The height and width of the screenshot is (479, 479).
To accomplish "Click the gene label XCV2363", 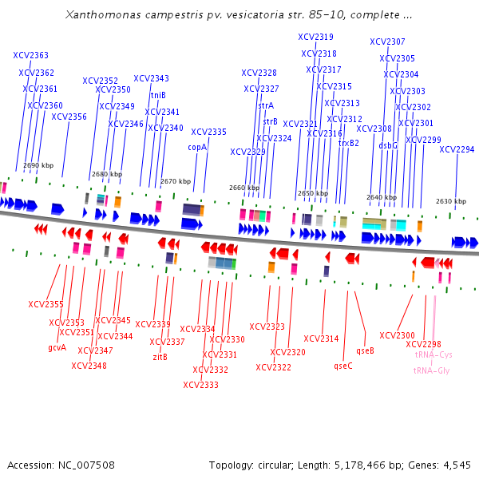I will tap(30, 56).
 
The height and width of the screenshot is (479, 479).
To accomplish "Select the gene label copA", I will tap(197, 147).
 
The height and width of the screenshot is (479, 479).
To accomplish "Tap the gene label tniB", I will tap(158, 95).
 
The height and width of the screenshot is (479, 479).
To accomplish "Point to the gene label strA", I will tap(266, 105).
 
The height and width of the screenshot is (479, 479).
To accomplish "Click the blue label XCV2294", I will tap(457, 149).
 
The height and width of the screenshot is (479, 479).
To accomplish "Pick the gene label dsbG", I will tap(388, 145).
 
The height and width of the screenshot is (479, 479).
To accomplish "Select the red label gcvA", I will tap(57, 347).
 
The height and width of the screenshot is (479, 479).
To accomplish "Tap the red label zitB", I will tap(160, 357).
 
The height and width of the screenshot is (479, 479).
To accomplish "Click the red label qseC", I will tap(343, 366).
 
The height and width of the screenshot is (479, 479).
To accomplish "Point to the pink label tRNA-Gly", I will tap(431, 370).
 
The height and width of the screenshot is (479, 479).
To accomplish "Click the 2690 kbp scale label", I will tap(38, 165).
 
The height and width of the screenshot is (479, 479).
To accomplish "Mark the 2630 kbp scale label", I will tap(450, 201).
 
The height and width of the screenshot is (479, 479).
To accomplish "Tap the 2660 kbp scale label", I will tap(243, 188).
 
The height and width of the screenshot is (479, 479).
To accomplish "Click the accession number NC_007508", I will tap(83, 465).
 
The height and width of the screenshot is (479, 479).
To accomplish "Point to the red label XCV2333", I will tap(200, 385).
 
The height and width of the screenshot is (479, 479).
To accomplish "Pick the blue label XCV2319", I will tap(315, 37).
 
